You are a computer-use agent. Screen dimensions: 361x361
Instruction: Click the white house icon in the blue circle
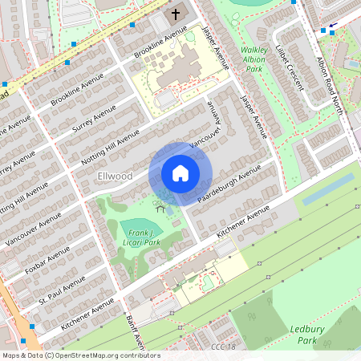[180, 172]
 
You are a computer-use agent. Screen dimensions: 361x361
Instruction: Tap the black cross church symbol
[175, 14]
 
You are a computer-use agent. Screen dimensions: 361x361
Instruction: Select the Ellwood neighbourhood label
[114, 176]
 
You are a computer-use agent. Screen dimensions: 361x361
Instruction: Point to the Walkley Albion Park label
[254, 59]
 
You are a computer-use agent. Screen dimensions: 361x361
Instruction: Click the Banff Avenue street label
[137, 329]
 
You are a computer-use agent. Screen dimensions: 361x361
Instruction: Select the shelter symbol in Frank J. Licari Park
[160, 209]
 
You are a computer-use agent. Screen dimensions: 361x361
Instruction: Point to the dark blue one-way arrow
[332, 26]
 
